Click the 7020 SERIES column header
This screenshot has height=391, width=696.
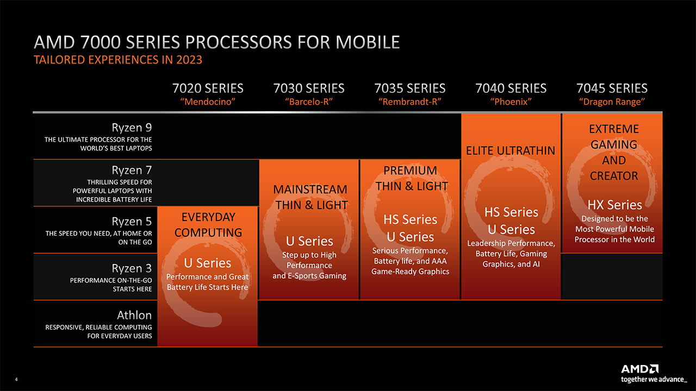208,89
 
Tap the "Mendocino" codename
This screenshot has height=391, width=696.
208,102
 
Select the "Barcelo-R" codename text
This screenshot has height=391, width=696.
309,102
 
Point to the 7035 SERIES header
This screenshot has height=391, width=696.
410,89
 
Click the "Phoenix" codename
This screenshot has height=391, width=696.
511,102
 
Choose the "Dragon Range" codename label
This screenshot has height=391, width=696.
612,102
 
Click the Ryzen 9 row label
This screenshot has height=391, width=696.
132,128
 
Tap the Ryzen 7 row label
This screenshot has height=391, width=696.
132,170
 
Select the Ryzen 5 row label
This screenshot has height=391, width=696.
132,221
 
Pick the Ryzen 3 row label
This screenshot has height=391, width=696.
132,268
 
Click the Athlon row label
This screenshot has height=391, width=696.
134,316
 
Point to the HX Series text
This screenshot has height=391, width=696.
614,205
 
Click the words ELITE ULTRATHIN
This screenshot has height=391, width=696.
511,151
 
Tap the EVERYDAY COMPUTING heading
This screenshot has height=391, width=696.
208,225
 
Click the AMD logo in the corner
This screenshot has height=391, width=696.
640,369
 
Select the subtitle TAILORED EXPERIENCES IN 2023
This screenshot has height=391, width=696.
118,60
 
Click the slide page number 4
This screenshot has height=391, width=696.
16,379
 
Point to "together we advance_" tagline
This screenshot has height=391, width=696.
654,380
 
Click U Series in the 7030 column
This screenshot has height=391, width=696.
309,241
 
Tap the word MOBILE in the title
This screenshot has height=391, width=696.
368,42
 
